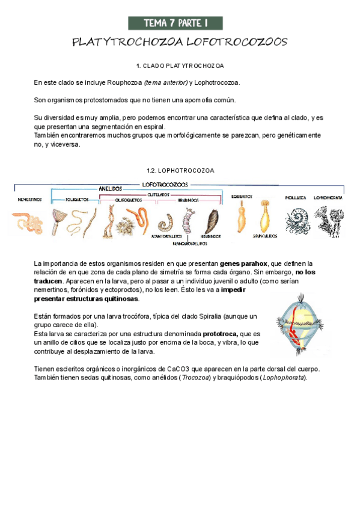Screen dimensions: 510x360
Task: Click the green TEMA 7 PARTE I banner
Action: click(175, 23)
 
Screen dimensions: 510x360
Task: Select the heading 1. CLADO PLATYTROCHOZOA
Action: click(180, 65)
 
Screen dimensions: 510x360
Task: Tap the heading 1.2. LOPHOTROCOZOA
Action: click(180, 170)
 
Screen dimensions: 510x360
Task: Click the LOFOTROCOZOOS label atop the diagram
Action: click(165, 183)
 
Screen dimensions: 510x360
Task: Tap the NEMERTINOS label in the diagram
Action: click(29, 198)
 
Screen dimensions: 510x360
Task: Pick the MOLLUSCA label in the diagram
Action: click(296, 197)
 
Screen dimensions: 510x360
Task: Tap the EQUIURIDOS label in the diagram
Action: click(242, 196)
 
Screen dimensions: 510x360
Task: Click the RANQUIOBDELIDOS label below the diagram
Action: click(190, 244)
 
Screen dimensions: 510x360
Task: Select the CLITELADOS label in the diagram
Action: click(160, 195)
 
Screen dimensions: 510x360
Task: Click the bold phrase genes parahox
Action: click(243, 263)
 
